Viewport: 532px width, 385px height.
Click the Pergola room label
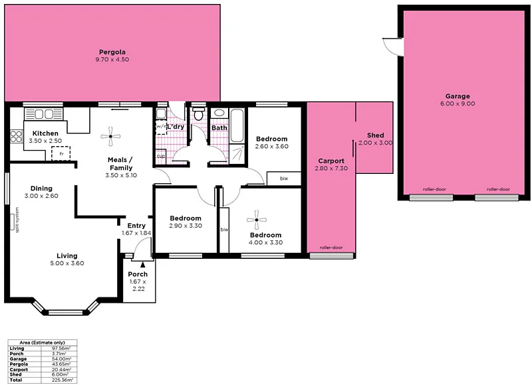112,52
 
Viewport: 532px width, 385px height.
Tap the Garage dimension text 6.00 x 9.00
458,104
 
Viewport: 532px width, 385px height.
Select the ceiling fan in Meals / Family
111,137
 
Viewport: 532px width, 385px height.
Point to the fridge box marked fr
61,153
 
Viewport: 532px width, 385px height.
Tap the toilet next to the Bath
198,116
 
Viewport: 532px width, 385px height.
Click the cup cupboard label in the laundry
160,156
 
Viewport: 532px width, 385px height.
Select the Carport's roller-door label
331,247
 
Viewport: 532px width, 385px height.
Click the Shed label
375,135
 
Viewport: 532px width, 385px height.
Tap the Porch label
138,274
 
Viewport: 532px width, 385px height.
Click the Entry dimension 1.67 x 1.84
137,233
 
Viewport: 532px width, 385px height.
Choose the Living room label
66,256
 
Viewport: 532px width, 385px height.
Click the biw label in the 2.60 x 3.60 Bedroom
283,179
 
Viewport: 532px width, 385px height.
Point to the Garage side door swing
393,46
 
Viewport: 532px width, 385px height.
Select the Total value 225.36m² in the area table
62,380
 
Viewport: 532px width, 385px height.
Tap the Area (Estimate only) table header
41,342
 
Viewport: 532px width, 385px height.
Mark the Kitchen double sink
44,114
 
